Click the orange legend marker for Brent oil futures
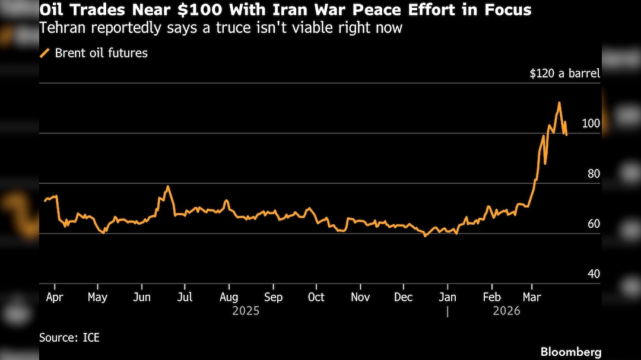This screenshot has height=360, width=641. pyautogui.click(x=45, y=53)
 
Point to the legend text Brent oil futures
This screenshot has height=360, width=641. pyautogui.click(x=101, y=53)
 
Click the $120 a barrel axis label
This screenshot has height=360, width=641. pyautogui.click(x=564, y=74)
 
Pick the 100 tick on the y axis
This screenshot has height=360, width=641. pyautogui.click(x=591, y=123)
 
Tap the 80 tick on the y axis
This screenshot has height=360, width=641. pyautogui.click(x=594, y=174)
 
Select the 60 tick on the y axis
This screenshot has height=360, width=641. pyautogui.click(x=594, y=224)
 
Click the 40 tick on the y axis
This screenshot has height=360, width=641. pyautogui.click(x=594, y=274)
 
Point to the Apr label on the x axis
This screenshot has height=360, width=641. pyautogui.click(x=55, y=297)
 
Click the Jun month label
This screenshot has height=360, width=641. pyautogui.click(x=141, y=297)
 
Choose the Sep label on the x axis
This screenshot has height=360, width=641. pyautogui.click(x=273, y=297)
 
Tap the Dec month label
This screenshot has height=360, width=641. pyautogui.click(x=404, y=297)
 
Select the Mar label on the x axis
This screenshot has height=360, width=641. pyautogui.click(x=532, y=297)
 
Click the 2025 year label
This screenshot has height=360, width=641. pyautogui.click(x=246, y=311)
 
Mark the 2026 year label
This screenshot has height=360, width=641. pyautogui.click(x=506, y=311)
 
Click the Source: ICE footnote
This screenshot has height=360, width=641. pyautogui.click(x=69, y=338)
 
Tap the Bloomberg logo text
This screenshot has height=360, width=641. pyautogui.click(x=570, y=352)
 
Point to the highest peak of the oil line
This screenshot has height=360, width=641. pyautogui.click(x=559, y=103)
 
